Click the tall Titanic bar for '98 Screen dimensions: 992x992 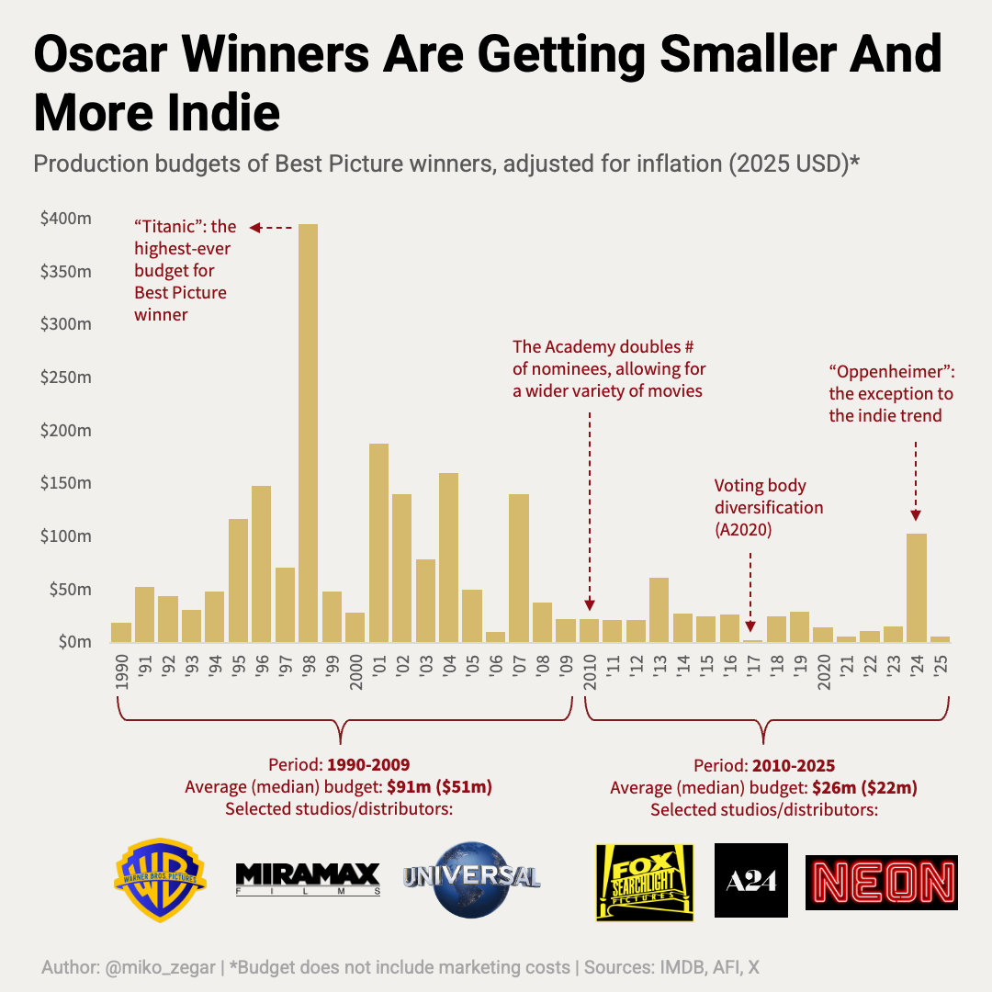(x=308, y=432)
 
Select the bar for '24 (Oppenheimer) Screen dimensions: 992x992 (x=916, y=587)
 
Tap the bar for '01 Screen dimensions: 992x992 (x=378, y=542)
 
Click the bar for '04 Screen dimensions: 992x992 (x=448, y=557)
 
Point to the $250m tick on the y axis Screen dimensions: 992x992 (x=65, y=378)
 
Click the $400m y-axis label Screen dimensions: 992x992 (x=65, y=219)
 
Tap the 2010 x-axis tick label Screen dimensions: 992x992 (x=590, y=672)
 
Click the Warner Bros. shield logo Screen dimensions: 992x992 (x=160, y=879)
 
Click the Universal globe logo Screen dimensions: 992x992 (x=471, y=879)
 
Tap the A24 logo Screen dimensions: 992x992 (x=750, y=880)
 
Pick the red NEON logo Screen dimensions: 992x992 (x=881, y=883)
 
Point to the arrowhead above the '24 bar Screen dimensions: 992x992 (x=916, y=516)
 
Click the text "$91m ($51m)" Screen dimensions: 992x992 (x=439, y=787)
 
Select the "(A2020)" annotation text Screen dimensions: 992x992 (x=743, y=529)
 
